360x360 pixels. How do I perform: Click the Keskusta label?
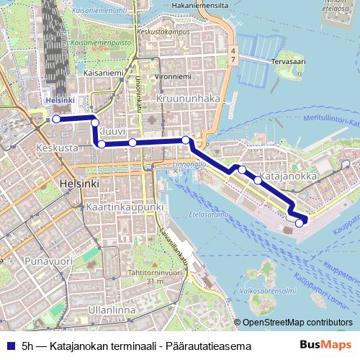[x=56, y=147]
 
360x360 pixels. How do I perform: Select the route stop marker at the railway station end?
[x=55, y=119]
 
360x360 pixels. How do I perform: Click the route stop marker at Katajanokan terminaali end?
[x=300, y=223]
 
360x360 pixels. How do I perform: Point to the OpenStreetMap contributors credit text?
[x=297, y=323]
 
